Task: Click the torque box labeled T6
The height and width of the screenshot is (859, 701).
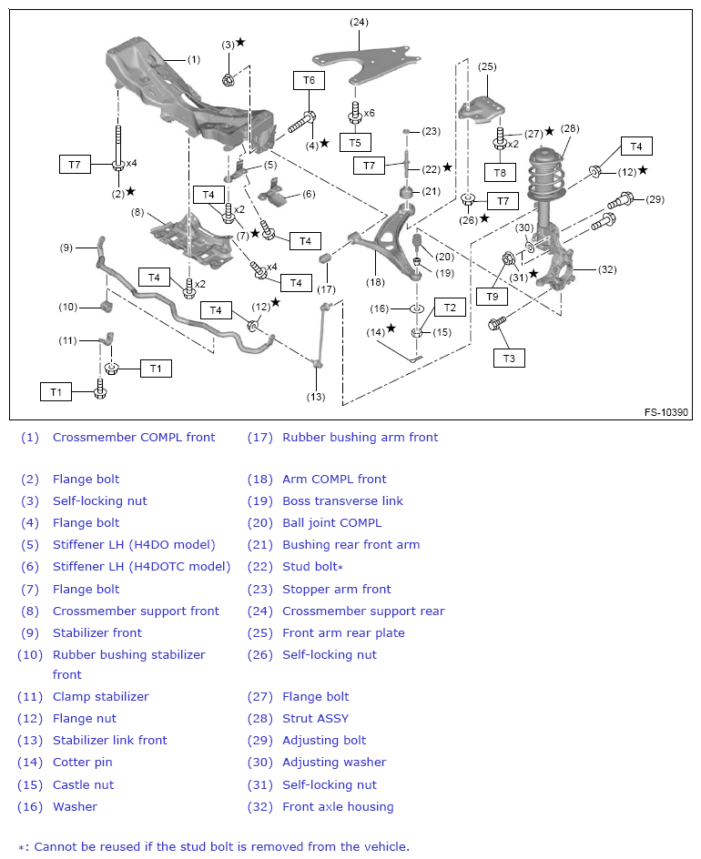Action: [x=309, y=80]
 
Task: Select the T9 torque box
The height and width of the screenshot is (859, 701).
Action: [x=493, y=296]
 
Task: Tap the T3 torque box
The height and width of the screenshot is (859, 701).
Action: [x=509, y=359]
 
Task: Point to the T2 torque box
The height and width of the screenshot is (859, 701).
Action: [x=450, y=308]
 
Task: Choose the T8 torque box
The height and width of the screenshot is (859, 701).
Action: [x=499, y=173]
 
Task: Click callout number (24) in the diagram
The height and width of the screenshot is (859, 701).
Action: [x=359, y=21]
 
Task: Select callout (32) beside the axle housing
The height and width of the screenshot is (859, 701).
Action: [x=607, y=269]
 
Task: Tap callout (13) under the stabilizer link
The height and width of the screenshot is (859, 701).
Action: [x=316, y=396]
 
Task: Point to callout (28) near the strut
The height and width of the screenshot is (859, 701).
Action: [x=570, y=128]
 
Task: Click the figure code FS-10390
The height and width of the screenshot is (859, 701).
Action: [x=667, y=412]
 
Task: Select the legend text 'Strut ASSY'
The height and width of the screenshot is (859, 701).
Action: [x=315, y=719]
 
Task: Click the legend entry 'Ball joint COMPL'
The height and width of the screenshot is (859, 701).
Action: [x=331, y=523]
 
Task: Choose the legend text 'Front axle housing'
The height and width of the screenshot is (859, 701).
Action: [x=338, y=807]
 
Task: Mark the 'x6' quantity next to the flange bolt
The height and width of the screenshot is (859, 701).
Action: [x=369, y=113]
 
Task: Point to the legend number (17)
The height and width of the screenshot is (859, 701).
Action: [x=260, y=438]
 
